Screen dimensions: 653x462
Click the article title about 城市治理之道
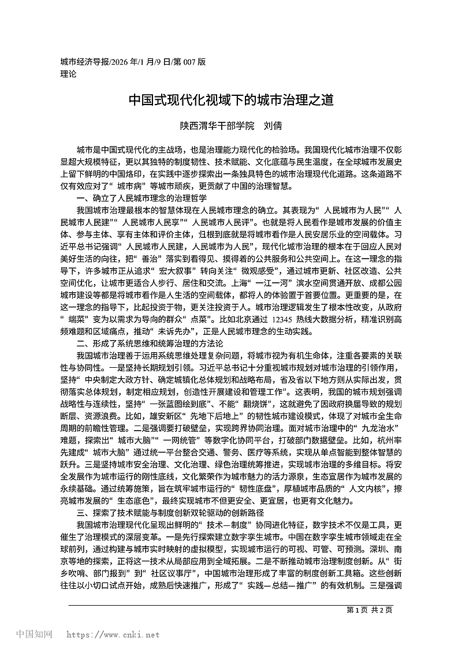click(231, 99)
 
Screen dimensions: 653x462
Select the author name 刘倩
click(273, 125)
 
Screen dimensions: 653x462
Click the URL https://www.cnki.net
click(113, 635)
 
